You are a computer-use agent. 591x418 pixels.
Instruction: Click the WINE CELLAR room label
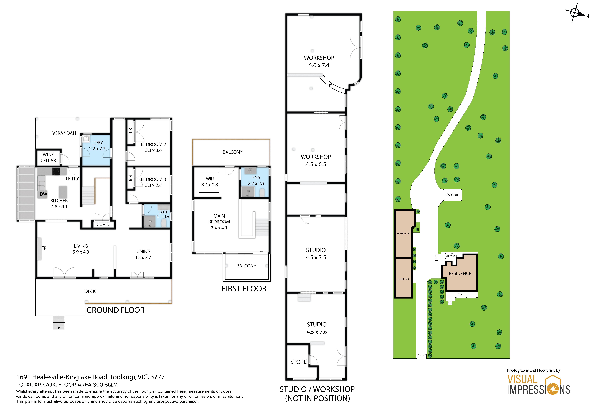pos(48,158)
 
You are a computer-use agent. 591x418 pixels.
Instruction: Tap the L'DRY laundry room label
pos(97,143)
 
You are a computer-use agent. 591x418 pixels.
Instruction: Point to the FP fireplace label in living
pos(44,248)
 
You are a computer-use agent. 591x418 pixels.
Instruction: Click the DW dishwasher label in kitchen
pos(43,194)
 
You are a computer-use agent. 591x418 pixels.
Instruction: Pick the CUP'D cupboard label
pos(103,224)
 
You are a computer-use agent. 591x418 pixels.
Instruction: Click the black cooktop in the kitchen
pos(56,171)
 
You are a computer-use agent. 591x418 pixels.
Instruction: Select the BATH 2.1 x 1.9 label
pos(162,214)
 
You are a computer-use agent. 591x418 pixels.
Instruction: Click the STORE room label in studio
pos(298,362)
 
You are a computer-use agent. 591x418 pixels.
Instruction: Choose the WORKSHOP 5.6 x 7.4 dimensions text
pos(319,65)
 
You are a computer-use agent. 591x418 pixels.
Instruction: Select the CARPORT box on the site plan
pos(452,195)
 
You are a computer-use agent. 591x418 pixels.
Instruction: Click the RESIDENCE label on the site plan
pos(460,273)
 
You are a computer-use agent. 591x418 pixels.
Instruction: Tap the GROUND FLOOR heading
pos(115,310)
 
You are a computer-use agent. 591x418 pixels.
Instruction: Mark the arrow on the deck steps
pos(59,328)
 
